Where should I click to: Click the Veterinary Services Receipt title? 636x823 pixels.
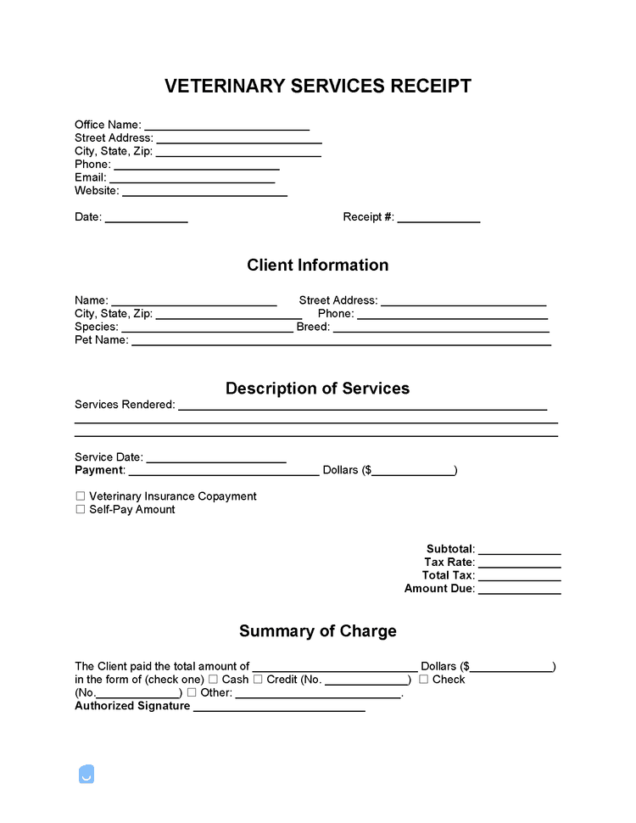point(317,87)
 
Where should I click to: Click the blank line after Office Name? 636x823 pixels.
point(226,126)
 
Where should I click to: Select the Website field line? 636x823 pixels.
point(204,193)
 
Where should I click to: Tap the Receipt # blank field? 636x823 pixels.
point(438,219)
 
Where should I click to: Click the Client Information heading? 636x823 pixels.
point(317,266)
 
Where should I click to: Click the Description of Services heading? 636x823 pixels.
point(317,389)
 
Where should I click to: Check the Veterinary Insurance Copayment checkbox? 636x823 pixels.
point(81,496)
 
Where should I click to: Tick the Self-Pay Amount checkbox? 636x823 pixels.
point(81,510)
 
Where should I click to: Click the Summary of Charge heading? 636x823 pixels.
point(317,631)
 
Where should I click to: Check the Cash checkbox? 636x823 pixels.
point(213,680)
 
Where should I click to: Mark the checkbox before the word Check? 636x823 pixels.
point(423,680)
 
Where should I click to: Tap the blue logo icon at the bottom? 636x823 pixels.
point(86,774)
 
